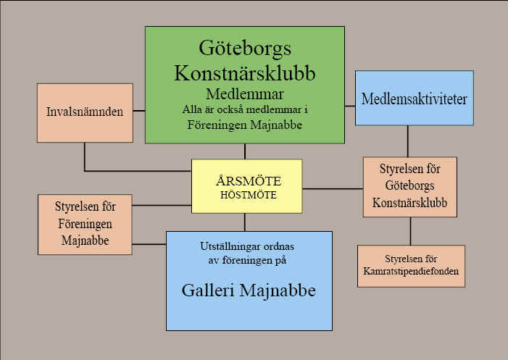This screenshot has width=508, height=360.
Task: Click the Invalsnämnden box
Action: pyautogui.click(x=85, y=113)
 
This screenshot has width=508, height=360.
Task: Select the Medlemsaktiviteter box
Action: pyautogui.click(x=415, y=98)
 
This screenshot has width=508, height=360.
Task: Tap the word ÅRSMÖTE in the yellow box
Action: pyautogui.click(x=249, y=181)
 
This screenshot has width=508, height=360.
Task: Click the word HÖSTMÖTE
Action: pyautogui.click(x=249, y=195)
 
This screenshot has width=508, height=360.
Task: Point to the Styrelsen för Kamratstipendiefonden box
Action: pyautogui.click(x=411, y=266)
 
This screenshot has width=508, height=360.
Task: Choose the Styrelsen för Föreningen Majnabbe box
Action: pyautogui.click(x=85, y=225)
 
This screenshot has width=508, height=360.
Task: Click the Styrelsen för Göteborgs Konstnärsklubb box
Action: pyautogui.click(x=410, y=187)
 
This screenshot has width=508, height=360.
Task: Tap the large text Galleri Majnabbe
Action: pyautogui.click(x=249, y=290)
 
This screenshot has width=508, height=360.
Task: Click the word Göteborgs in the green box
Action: pyautogui.click(x=245, y=49)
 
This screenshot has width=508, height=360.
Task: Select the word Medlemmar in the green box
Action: pyautogui.click(x=245, y=94)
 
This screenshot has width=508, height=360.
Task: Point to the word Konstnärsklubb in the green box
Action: pyautogui.click(x=245, y=72)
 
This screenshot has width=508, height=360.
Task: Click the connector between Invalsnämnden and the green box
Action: pyautogui.click(x=139, y=111)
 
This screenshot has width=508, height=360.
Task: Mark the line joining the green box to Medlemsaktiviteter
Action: pyautogui.click(x=350, y=106)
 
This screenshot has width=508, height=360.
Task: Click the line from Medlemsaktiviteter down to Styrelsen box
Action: pyautogui.click(x=407, y=141)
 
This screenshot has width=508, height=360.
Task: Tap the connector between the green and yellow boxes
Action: pyautogui.click(x=245, y=151)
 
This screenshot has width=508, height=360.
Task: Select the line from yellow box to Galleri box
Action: pyautogui.click(x=245, y=222)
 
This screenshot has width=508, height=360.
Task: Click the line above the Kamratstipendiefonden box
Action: pyautogui.click(x=410, y=231)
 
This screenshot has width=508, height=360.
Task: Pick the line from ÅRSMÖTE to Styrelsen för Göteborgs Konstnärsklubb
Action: pyautogui.click(x=333, y=188)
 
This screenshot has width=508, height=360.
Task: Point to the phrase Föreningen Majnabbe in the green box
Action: pyautogui.click(x=245, y=125)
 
